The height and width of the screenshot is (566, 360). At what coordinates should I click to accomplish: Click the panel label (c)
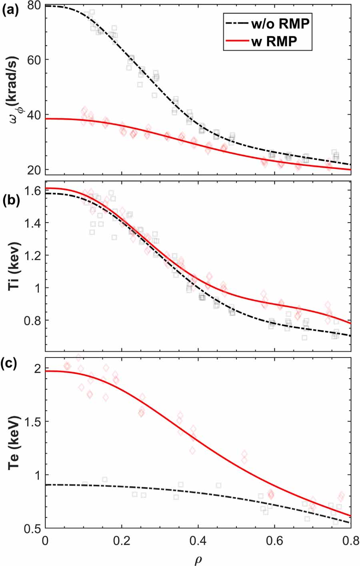click(10, 365)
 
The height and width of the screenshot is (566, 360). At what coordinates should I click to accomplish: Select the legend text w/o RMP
click(280, 24)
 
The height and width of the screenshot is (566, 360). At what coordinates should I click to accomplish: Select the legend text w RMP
click(274, 41)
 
